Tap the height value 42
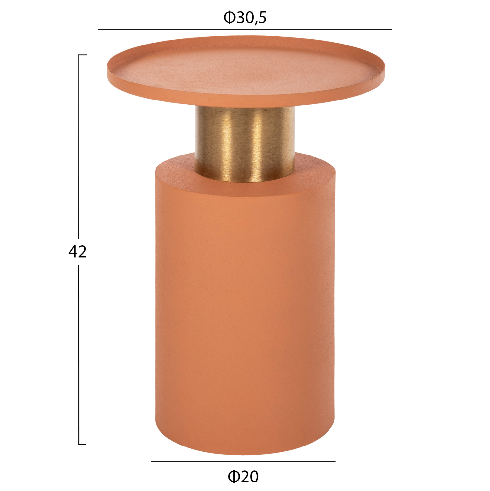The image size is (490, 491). click(x=77, y=252)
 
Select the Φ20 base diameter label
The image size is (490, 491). click(x=243, y=476)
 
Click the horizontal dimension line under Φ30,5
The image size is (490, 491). click(x=245, y=29)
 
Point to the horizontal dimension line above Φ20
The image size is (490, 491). click(x=243, y=462)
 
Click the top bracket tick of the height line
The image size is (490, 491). click(x=82, y=55)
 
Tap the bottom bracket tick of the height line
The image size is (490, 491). click(x=82, y=444)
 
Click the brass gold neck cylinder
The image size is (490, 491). click(x=245, y=144)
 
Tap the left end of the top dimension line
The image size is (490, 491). click(x=99, y=29)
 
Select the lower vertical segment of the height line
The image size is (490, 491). click(x=79, y=354)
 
